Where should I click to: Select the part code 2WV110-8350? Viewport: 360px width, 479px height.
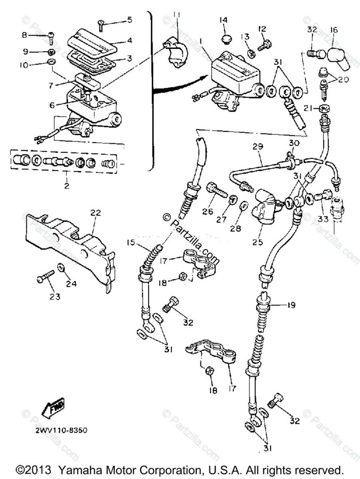61,430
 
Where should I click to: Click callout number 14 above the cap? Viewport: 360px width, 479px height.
224,20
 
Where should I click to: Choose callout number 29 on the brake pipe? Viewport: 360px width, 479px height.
257,147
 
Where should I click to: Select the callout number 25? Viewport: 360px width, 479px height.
258,241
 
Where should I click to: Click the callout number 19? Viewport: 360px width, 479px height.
291,305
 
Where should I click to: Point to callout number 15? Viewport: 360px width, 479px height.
131,243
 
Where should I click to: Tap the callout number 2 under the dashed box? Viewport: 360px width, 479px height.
66,186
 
